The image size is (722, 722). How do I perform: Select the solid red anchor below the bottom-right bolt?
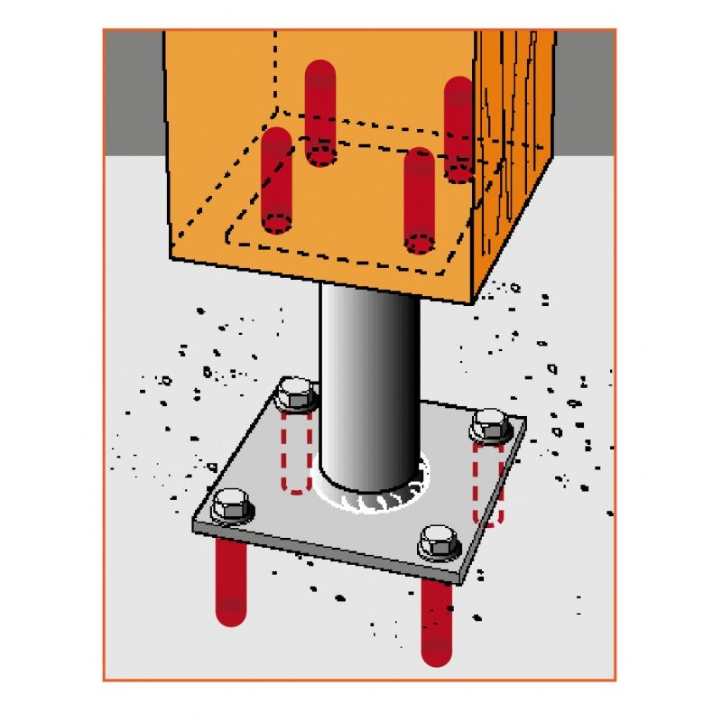[x=437, y=623]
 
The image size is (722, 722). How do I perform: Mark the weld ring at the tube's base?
[x=369, y=492]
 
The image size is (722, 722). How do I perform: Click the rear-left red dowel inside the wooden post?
[x=320, y=113]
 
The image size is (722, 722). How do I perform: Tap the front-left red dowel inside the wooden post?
[x=276, y=180]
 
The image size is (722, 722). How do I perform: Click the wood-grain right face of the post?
[x=514, y=162]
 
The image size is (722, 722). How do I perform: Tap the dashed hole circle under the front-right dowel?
[x=419, y=243]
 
